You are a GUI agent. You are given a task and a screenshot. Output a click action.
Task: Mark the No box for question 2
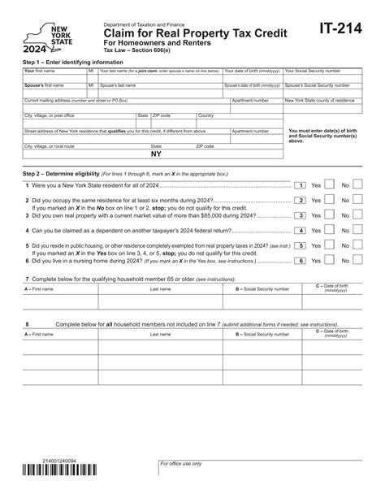click(x=357, y=200)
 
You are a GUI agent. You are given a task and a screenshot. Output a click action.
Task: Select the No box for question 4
click(x=357, y=230)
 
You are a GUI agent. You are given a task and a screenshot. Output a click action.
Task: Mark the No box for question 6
click(x=357, y=260)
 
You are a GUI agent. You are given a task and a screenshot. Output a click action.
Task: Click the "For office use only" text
click(x=180, y=464)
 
